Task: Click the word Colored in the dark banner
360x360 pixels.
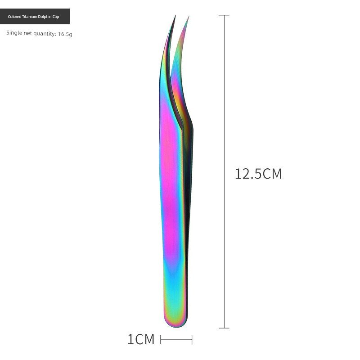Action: pyautogui.click(x=14, y=17)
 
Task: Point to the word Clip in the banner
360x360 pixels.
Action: pyautogui.click(x=56, y=17)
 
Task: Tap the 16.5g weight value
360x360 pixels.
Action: pyautogui.click(x=65, y=34)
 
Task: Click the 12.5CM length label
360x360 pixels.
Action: pyautogui.click(x=258, y=174)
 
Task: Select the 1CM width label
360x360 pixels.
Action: pyautogui.click(x=141, y=340)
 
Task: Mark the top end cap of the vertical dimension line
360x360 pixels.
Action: pyautogui.click(x=224, y=15)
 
